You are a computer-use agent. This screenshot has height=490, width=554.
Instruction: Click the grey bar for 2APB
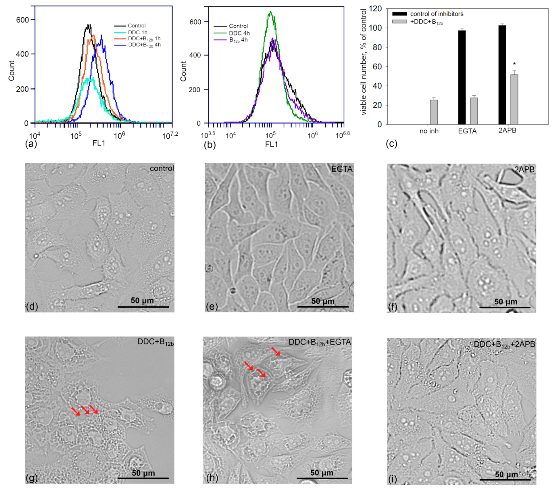click(514, 99)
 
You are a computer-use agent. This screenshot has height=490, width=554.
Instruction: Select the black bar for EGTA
click(462, 77)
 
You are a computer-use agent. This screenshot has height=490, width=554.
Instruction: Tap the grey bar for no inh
click(434, 112)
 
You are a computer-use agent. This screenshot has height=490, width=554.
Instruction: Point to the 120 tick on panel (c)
click(375, 9)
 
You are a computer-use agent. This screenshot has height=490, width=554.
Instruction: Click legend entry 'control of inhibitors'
click(436, 14)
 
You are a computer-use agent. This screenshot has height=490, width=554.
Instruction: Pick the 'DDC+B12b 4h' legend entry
click(144, 45)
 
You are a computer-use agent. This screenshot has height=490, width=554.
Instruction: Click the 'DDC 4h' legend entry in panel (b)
click(239, 33)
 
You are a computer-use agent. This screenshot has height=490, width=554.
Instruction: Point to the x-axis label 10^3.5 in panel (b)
click(208, 134)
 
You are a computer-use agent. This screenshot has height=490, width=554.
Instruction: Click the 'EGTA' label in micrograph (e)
click(342, 169)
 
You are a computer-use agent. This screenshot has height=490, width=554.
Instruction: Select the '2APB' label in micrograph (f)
click(524, 170)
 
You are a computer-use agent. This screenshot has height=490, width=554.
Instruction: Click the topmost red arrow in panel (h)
click(276, 351)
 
